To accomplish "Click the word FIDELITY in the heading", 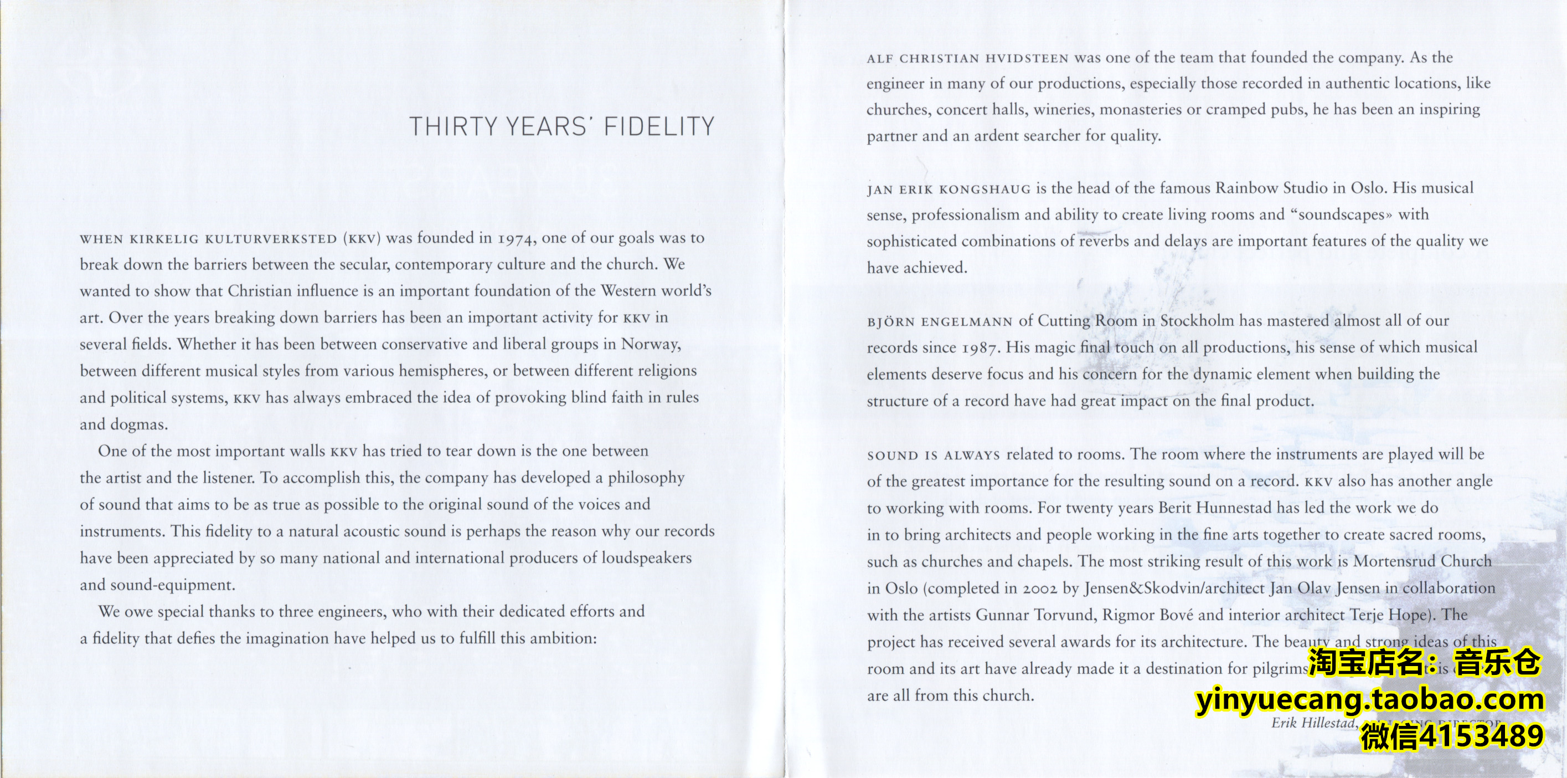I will point(659,127).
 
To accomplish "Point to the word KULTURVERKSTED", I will point(271,239).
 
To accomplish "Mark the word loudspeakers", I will point(647,558).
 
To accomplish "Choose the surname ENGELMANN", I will point(967,322).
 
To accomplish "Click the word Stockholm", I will point(1197,321).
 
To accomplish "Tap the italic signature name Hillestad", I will point(1327,723).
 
